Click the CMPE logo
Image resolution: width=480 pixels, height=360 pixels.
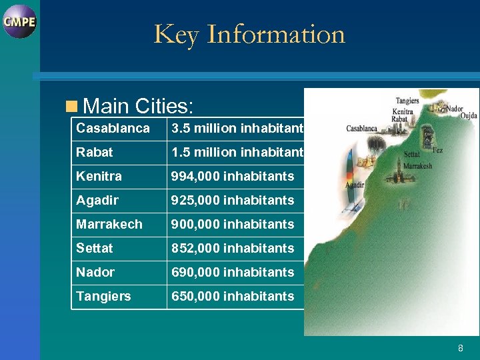pyautogui.click(x=19, y=21)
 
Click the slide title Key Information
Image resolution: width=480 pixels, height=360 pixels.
pyautogui.click(x=249, y=34)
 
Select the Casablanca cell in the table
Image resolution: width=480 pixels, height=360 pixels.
pyautogui.click(x=113, y=128)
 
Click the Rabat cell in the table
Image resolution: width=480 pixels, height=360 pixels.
pyautogui.click(x=95, y=152)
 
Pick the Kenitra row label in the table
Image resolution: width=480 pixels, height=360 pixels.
pyautogui.click(x=99, y=176)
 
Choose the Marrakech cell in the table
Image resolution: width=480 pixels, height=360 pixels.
pyautogui.click(x=109, y=224)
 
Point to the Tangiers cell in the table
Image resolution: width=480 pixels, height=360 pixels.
pyautogui.click(x=103, y=296)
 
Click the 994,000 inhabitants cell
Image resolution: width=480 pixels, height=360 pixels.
pyautogui.click(x=233, y=176)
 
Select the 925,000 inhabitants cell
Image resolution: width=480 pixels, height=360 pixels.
pyautogui.click(x=233, y=200)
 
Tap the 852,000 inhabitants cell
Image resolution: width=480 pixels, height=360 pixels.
pyautogui.click(x=233, y=248)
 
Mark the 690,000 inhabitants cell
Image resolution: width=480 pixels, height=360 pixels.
pyautogui.click(x=233, y=272)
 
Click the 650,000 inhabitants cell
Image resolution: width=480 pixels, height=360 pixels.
pyautogui.click(x=233, y=296)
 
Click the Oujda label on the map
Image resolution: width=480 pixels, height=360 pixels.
pyautogui.click(x=469, y=115)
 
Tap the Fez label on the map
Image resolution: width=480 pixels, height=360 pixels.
pyautogui.click(x=437, y=151)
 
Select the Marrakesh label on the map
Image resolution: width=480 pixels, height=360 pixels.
pyautogui.click(x=418, y=166)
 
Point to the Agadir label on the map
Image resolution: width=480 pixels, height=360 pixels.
pyautogui.click(x=355, y=185)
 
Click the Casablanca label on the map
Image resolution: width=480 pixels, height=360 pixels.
pyautogui.click(x=361, y=129)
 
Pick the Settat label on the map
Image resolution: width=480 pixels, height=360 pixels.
pyautogui.click(x=411, y=155)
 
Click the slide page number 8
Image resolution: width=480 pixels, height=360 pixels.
pyautogui.click(x=460, y=348)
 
